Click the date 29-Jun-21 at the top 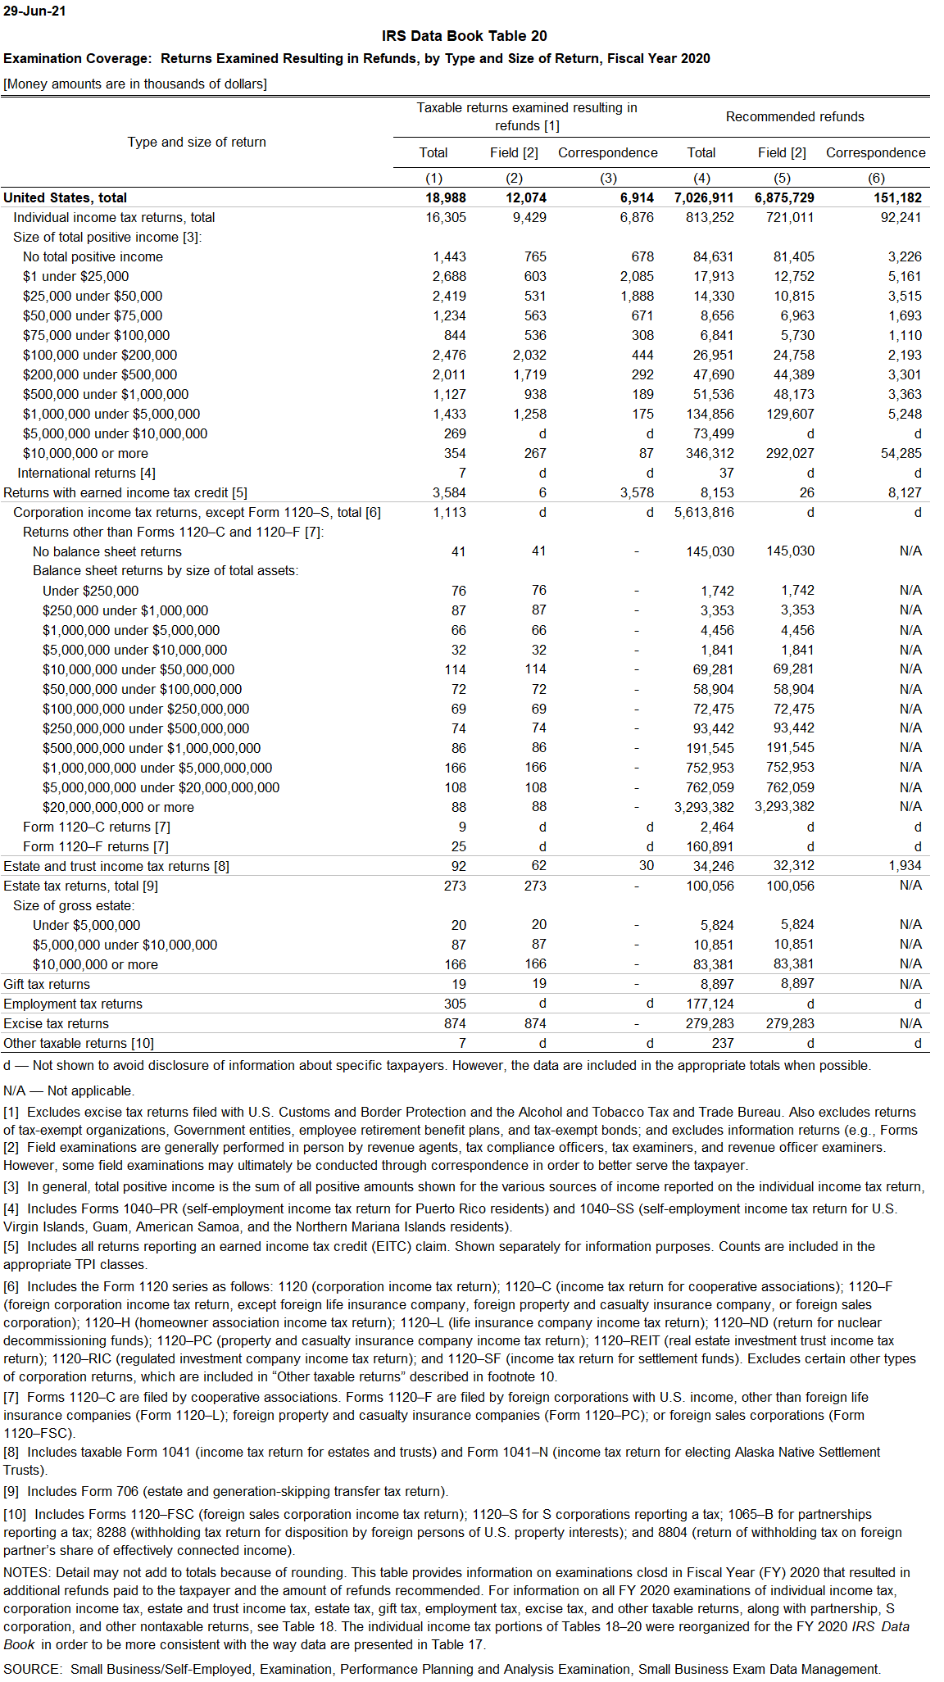point(34,11)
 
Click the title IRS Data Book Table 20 point(464,36)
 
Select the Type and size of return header point(197,143)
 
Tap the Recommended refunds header point(794,117)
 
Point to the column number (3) point(607,179)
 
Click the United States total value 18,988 point(445,198)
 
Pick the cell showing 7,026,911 point(703,198)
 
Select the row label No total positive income point(93,257)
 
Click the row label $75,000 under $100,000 point(96,336)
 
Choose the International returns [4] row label point(86,474)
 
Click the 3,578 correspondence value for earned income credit point(637,493)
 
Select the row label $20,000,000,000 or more point(118,808)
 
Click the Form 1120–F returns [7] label point(96,847)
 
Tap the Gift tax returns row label point(47,985)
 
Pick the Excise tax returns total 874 point(455,1024)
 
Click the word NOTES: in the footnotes point(27,1572)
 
